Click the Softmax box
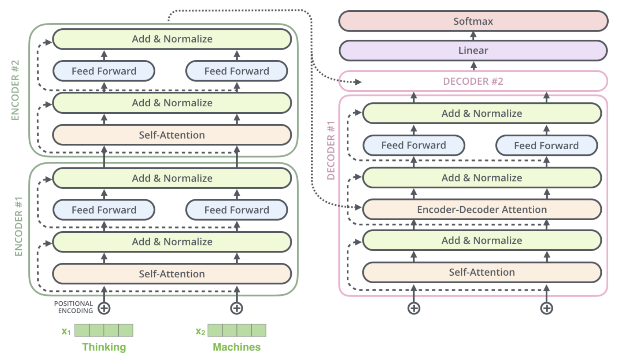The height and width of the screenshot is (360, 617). tap(473, 21)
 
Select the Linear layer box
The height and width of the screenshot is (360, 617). tap(473, 50)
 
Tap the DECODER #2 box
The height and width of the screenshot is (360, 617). tap(473, 81)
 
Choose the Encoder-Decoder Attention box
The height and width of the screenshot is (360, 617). tap(481, 210)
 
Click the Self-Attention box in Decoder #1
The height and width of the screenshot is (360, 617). tap(481, 272)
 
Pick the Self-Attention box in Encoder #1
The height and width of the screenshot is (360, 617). tap(172, 274)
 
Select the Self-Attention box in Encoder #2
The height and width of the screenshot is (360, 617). tap(172, 135)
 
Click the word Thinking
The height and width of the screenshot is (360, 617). tap(104, 347)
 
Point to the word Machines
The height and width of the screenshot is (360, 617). tap(236, 347)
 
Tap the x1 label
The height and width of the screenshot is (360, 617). tap(66, 331)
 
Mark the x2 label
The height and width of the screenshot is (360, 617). tap(200, 331)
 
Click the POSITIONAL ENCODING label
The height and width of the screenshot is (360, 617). tap(74, 307)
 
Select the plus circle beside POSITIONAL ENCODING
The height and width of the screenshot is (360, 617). tap(104, 308)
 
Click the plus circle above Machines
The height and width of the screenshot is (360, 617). tap(236, 308)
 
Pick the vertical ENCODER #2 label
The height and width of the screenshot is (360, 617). tap(15, 90)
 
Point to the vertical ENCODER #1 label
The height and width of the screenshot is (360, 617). tap(19, 226)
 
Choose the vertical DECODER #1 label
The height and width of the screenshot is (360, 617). tap(331, 150)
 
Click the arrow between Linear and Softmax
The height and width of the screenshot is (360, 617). tap(473, 36)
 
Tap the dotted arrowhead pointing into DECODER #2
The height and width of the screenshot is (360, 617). tap(358, 82)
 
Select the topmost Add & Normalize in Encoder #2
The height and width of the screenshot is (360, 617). tap(172, 39)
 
